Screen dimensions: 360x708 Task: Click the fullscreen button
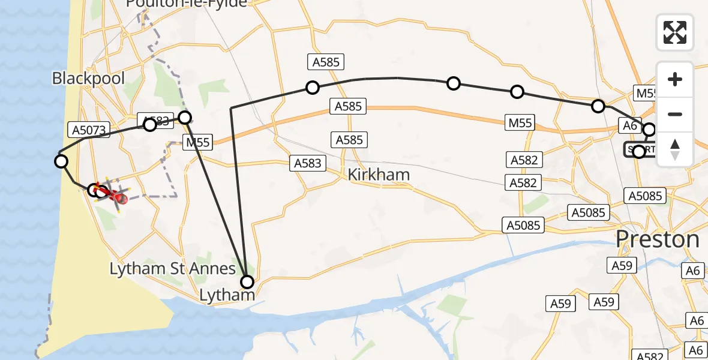click(675, 32)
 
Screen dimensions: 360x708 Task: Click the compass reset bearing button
click(675, 149)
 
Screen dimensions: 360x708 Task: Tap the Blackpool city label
click(89, 79)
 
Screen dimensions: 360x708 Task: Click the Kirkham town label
click(379, 175)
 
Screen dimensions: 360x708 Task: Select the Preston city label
click(658, 239)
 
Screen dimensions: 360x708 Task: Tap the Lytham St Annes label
click(173, 268)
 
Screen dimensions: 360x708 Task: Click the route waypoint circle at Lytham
click(247, 281)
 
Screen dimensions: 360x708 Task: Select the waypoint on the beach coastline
click(61, 161)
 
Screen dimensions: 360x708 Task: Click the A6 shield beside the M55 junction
click(629, 125)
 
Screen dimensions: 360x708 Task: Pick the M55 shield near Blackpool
click(197, 142)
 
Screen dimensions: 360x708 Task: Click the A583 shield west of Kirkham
click(308, 163)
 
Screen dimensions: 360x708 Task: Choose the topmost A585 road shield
click(326, 61)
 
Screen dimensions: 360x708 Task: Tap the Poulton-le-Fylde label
click(187, 4)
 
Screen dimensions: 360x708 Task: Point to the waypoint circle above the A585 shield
click(312, 88)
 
